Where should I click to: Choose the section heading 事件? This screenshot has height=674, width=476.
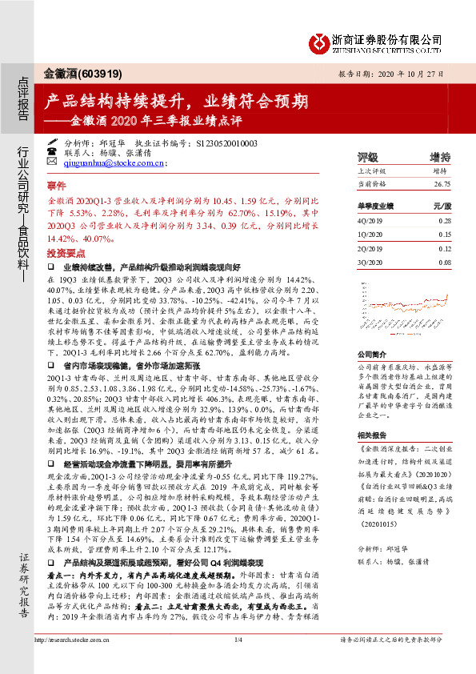tap(58, 183)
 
